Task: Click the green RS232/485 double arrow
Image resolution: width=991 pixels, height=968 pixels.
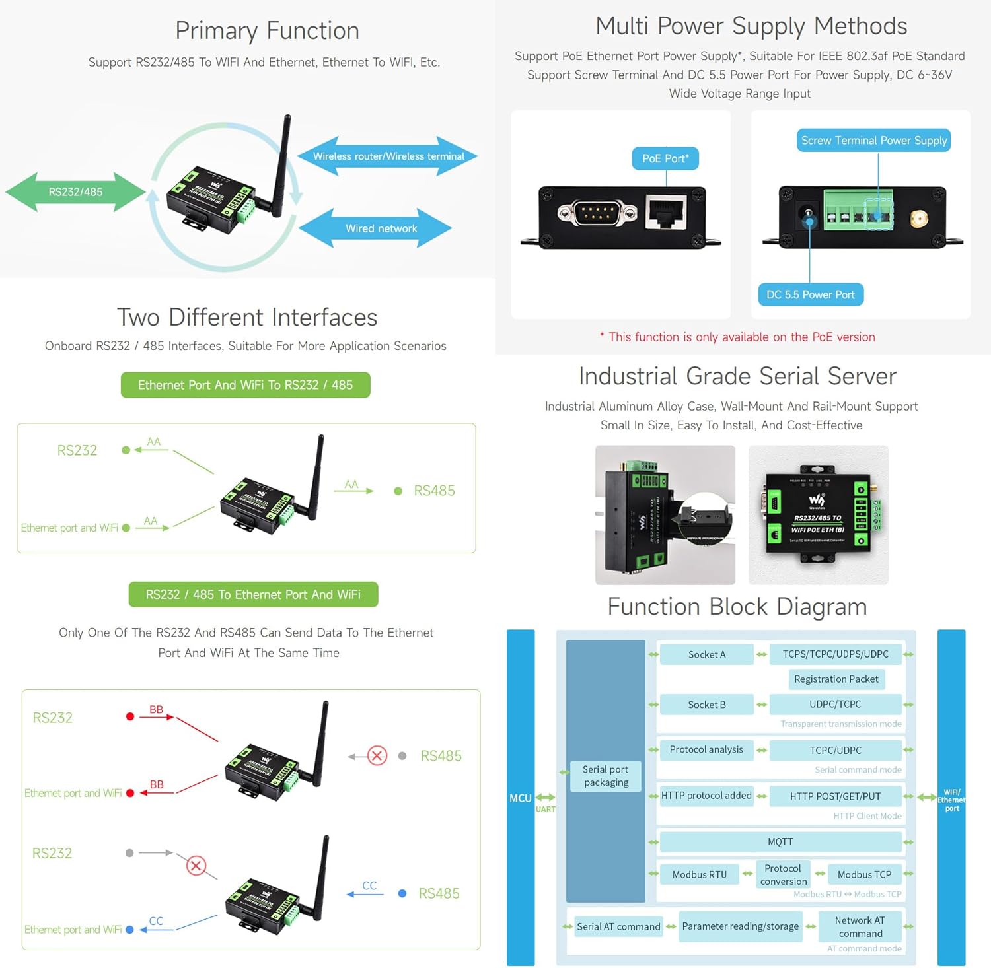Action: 75,192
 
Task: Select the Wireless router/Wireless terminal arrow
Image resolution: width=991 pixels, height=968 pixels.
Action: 388,156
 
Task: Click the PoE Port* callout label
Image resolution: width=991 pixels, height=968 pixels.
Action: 665,158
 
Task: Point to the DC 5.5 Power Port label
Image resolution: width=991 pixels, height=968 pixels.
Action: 810,294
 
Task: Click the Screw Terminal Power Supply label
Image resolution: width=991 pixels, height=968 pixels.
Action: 873,141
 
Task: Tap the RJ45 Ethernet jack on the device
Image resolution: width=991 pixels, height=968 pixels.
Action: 666,213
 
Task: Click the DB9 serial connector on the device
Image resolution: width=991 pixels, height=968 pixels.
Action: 596,213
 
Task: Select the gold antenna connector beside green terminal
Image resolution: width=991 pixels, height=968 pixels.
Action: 918,219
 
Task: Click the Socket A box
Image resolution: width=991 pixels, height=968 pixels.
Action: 706,654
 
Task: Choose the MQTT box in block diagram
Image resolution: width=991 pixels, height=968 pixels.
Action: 780,842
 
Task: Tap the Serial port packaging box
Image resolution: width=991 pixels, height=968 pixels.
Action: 606,776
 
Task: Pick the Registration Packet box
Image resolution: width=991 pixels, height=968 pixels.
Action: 836,679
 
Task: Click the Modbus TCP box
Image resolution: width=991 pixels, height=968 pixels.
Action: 863,874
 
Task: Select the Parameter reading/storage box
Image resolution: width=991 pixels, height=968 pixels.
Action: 740,926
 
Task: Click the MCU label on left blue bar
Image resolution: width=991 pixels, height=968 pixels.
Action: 520,798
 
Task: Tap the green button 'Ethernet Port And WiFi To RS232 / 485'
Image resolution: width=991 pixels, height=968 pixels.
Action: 245,385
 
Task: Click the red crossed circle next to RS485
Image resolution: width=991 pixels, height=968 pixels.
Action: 377,755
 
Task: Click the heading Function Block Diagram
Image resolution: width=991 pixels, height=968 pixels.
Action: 737,606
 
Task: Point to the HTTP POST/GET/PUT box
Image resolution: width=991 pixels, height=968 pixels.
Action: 835,796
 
